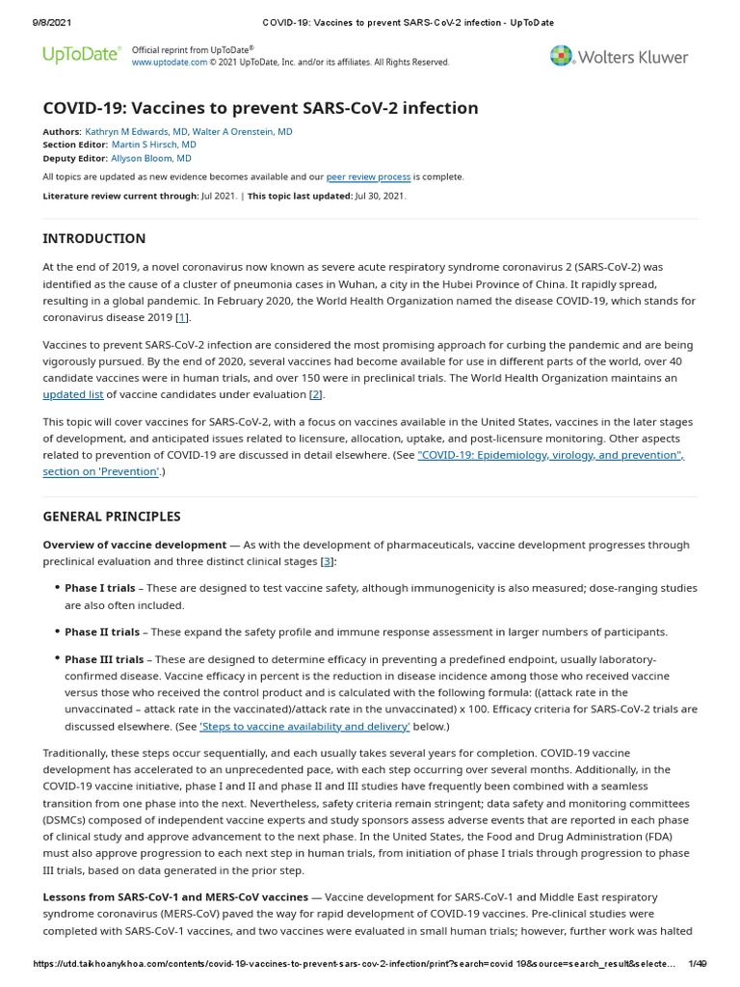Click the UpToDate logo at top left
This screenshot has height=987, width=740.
[x=82, y=55]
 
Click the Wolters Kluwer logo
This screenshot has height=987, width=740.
[x=620, y=57]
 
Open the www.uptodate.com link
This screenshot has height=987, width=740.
[x=169, y=63]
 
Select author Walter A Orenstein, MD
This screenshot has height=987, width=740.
[x=245, y=131]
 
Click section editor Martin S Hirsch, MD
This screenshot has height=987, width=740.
[x=153, y=145]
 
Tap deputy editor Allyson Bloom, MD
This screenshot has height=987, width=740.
[x=150, y=158]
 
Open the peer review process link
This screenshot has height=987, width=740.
[x=368, y=177]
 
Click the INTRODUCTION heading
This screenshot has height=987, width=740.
[x=94, y=239]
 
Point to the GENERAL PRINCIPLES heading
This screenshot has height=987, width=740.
[x=111, y=517]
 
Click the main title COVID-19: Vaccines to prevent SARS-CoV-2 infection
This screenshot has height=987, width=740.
[x=260, y=108]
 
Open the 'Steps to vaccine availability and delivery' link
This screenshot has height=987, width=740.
[x=304, y=726]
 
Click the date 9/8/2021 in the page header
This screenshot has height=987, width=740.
[x=40, y=22]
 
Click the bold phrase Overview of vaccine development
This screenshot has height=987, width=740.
[x=134, y=545]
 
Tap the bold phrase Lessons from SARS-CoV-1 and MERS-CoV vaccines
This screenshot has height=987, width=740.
[x=175, y=896]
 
